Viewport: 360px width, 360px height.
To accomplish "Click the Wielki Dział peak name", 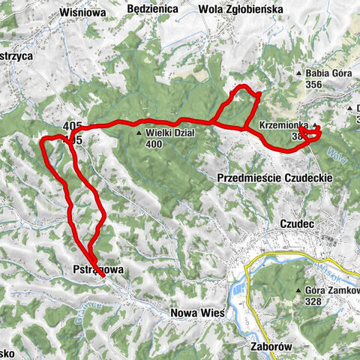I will pos(169,133).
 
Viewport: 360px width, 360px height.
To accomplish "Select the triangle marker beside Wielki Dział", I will pos(139,134).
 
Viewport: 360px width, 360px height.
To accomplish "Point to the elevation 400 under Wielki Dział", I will pos(154,144).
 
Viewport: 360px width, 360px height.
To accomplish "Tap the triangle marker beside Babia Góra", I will pos(298,73).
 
